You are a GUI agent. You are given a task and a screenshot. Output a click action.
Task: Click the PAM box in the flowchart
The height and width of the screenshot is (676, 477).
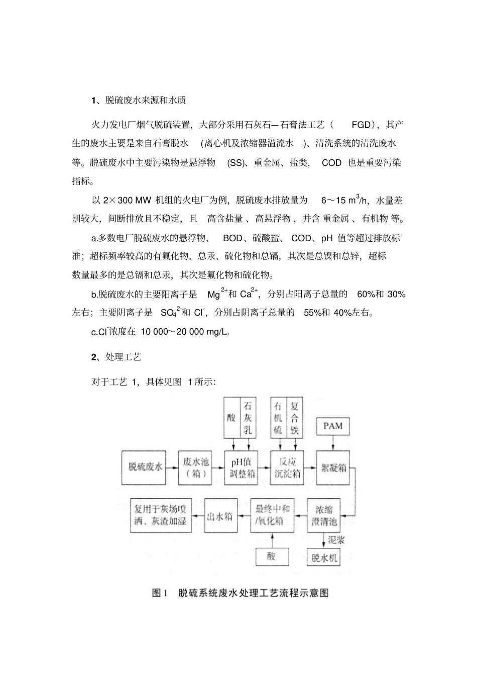pos(333,426)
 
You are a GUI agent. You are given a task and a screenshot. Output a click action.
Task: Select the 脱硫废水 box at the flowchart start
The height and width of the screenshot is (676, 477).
pos(146,467)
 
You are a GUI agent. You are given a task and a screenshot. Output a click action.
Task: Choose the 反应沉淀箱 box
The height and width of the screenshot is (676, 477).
pos(288,467)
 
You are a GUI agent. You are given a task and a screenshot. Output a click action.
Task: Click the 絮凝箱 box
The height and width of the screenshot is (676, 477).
pos(333,467)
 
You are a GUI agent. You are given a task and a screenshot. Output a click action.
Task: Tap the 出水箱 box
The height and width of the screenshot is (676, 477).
pos(219,515)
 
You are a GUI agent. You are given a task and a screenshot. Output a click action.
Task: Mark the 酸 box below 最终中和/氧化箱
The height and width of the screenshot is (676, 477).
pos(272,556)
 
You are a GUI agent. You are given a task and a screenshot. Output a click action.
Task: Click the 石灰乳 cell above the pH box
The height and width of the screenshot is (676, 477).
pos(248,418)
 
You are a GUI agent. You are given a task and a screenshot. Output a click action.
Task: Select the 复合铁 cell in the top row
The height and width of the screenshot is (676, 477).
pos(295,418)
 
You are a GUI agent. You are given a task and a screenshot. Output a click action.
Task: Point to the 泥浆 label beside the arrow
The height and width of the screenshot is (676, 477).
pos(337,541)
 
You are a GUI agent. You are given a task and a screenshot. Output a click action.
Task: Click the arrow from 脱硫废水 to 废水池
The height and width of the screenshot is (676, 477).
pos(173,467)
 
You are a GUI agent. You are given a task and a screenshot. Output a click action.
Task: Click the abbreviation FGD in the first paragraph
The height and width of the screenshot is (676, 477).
pos(361,125)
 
